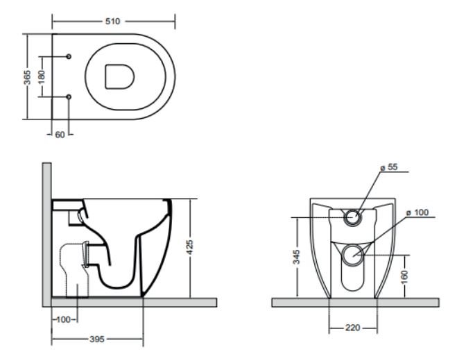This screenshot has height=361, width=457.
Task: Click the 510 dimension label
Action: pyautogui.click(x=112, y=22)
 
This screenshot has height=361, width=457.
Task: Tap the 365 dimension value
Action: pyautogui.click(x=27, y=77)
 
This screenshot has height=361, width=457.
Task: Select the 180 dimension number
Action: pyautogui.click(x=42, y=77)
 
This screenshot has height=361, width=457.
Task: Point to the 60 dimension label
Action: pyautogui.click(x=60, y=135)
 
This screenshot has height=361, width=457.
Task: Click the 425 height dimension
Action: pyautogui.click(x=190, y=247)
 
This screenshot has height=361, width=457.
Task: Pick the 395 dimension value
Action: pyautogui.click(x=97, y=339)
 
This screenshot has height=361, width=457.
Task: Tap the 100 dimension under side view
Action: pyautogui.click(x=63, y=319)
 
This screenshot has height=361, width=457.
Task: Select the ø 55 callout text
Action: pyautogui.click(x=389, y=167)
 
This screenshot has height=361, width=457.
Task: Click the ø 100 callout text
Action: pyautogui.click(x=417, y=212)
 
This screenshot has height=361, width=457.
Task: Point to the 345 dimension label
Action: pyautogui.click(x=296, y=257)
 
